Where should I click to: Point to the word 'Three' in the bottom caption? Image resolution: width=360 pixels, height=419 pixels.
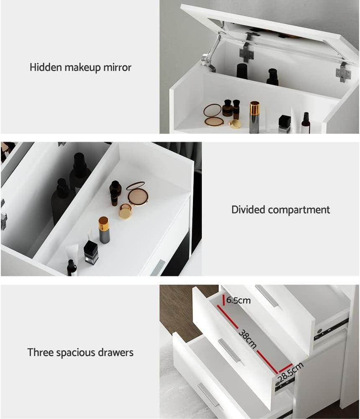41,352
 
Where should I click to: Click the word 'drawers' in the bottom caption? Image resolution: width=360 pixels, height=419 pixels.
116,352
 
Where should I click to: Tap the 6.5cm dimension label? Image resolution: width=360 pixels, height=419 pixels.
239,300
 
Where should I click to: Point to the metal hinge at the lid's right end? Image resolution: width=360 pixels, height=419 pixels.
343,72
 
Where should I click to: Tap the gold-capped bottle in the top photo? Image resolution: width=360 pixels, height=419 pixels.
254,117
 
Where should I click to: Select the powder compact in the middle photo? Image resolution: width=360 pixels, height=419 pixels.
137,194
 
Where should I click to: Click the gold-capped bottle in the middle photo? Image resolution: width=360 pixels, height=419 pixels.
104,230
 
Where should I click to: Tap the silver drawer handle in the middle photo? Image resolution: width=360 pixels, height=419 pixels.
158,267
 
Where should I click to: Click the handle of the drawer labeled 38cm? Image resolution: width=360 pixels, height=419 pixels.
229,350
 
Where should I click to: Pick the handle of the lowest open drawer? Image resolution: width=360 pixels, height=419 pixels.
208,395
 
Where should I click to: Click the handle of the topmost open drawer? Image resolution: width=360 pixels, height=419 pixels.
266,296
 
